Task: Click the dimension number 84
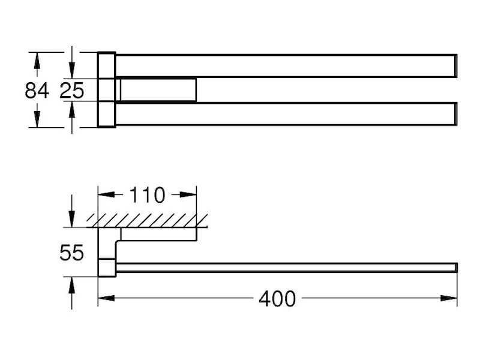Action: pyautogui.click(x=37, y=91)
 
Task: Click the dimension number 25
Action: pyautogui.click(x=71, y=91)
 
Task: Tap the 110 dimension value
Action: pyautogui.click(x=147, y=195)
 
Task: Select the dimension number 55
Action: pyautogui.click(x=71, y=253)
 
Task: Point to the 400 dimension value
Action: pyautogui.click(x=277, y=299)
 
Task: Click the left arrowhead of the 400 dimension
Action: pyautogui.click(x=106, y=298)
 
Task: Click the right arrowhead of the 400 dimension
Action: pyautogui.click(x=449, y=298)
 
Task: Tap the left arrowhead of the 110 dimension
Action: pyautogui.click(x=106, y=194)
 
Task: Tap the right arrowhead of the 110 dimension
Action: pyautogui.click(x=188, y=194)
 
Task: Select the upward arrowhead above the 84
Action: pyautogui.click(x=37, y=61)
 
